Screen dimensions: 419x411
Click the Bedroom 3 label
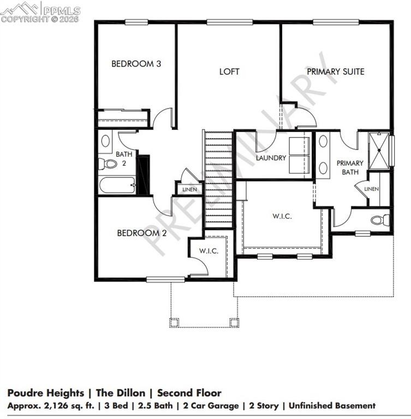[x=136, y=64]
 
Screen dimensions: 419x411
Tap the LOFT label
[x=229, y=71]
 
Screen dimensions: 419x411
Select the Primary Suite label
[x=335, y=71]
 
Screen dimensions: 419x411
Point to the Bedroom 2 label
[x=142, y=233]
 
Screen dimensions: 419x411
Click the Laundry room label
[x=271, y=158]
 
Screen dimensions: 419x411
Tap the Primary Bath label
[x=349, y=167]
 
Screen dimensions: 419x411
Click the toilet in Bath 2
[x=108, y=164]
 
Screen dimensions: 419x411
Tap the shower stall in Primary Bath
[x=381, y=149]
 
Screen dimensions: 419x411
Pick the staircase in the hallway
[x=219, y=180]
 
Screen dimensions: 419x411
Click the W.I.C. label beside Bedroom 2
[x=209, y=251]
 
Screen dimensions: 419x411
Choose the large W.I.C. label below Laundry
[x=282, y=216]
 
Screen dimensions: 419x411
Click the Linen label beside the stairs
[x=189, y=190]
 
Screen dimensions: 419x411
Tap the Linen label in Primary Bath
[x=371, y=189]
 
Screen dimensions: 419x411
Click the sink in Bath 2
[x=106, y=141]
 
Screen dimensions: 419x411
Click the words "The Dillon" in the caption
[x=121, y=393]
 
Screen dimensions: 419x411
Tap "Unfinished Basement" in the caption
[x=332, y=406]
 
